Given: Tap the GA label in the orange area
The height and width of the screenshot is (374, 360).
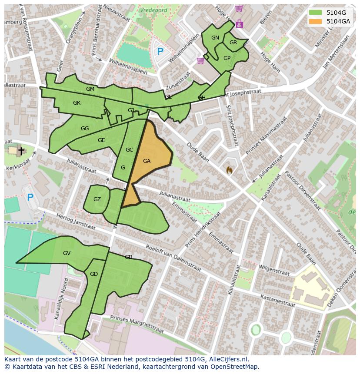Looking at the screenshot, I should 147,161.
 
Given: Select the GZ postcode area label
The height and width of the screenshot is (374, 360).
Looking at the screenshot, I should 97,199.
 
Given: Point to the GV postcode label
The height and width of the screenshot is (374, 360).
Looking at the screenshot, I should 67,253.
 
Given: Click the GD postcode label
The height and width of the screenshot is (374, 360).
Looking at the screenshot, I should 94,274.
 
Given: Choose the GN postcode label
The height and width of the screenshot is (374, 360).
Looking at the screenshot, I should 215,38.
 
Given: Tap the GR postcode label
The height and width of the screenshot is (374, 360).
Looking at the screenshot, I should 233,43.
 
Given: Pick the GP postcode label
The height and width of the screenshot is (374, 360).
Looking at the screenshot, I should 227,58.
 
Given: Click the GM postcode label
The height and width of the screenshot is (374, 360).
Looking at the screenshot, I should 90,89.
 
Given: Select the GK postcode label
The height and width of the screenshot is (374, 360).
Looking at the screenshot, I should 77,103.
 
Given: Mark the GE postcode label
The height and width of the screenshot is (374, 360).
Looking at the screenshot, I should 101,140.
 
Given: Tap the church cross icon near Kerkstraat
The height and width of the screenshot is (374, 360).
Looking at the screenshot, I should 21,151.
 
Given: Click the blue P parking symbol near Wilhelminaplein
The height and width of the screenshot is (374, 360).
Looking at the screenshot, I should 160,52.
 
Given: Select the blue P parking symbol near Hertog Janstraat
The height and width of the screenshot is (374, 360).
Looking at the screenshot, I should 30,198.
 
